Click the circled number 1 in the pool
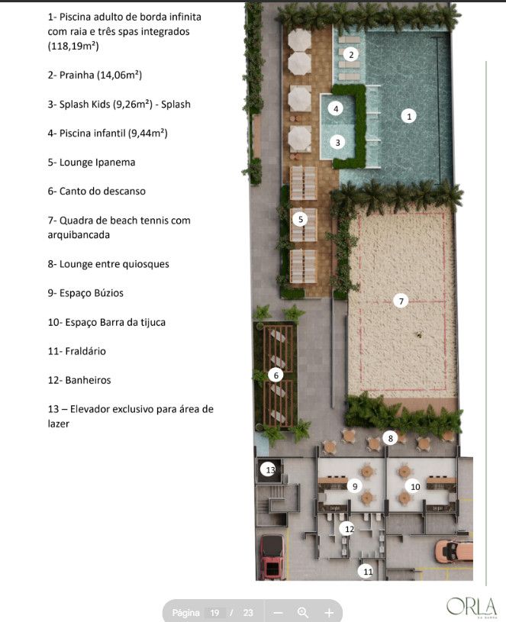(409, 116)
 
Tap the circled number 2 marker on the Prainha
(350, 54)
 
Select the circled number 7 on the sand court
(401, 301)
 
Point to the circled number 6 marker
(276, 375)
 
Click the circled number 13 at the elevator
(269, 470)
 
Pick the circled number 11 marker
(368, 571)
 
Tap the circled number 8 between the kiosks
(390, 438)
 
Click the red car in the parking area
(272, 557)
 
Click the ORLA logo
(472, 607)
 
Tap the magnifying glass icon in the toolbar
(303, 613)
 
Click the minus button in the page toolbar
(278, 614)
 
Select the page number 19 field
(215, 613)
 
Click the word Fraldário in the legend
(85, 351)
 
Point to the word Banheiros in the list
(88, 380)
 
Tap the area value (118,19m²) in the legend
(73, 46)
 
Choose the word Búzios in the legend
(108, 293)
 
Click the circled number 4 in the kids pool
(336, 108)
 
